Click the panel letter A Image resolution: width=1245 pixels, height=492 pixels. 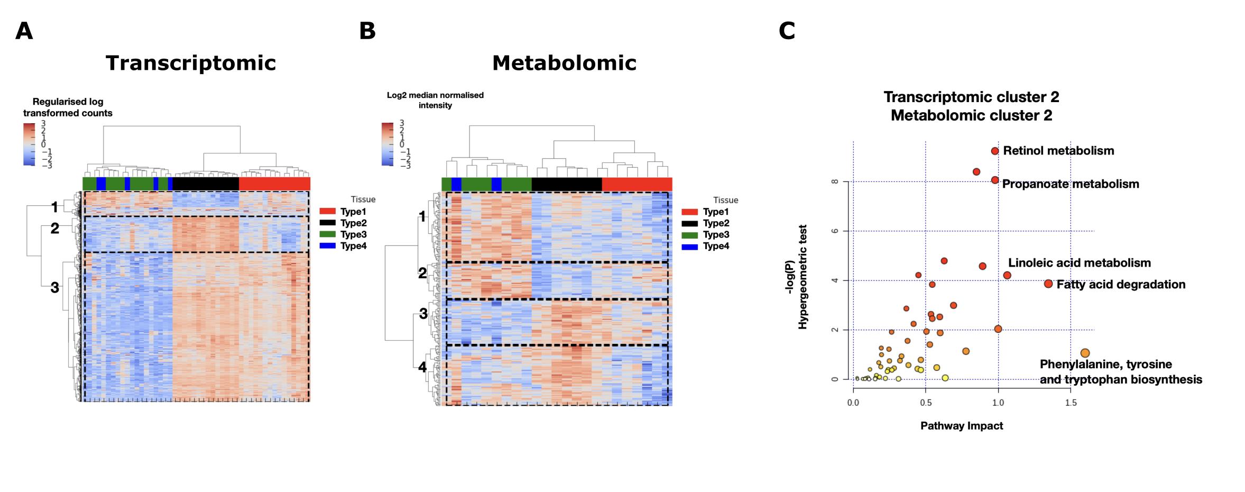click(x=24, y=31)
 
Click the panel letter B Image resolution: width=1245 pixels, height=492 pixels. click(x=367, y=31)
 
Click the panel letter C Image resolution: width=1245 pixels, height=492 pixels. click(x=787, y=31)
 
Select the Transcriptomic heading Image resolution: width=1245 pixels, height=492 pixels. click(x=191, y=63)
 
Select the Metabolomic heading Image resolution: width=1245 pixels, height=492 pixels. click(x=564, y=63)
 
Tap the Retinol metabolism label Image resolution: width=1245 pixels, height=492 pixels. click(x=1058, y=151)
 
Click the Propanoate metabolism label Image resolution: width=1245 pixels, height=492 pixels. click(x=1071, y=184)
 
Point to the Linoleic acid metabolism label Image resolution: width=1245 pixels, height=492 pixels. click(x=1079, y=263)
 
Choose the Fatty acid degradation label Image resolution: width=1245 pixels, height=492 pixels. click(x=1121, y=285)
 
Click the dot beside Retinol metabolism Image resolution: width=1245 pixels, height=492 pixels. click(x=995, y=151)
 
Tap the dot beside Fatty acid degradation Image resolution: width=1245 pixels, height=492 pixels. click(x=1048, y=284)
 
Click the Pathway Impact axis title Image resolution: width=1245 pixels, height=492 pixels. click(x=962, y=426)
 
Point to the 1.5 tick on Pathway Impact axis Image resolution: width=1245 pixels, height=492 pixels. click(x=1071, y=403)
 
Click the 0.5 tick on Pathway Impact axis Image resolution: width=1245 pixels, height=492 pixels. click(x=926, y=403)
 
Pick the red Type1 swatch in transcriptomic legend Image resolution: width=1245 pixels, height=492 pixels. click(x=328, y=212)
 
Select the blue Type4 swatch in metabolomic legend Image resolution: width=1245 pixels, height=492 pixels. click(x=690, y=247)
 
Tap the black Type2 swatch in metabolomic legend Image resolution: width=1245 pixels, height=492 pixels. click(x=690, y=223)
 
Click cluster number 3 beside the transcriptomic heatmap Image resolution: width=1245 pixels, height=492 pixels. click(x=55, y=288)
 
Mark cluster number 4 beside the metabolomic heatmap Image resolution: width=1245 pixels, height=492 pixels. click(x=422, y=367)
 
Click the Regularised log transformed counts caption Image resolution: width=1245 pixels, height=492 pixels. click(x=68, y=107)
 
